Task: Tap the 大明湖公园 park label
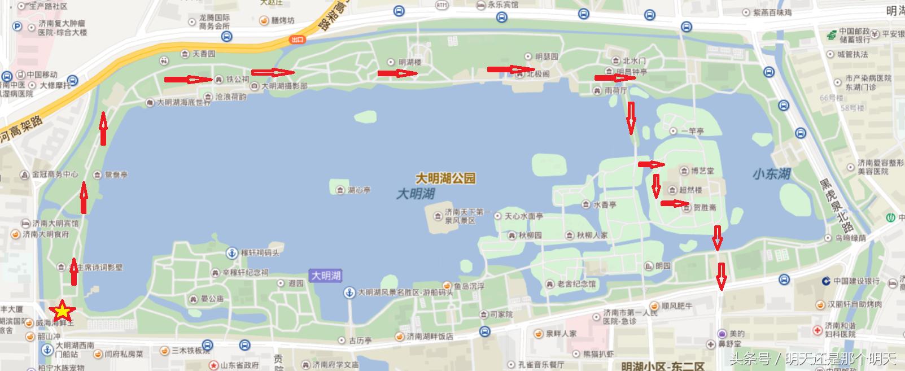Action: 445,178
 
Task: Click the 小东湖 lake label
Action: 771,174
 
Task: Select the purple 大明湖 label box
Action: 326,276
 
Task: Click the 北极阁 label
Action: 537,73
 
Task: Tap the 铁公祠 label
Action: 237,80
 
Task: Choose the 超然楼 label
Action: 690,190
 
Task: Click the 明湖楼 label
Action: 409,62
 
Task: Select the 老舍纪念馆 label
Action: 576,283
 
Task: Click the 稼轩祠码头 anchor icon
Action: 231,253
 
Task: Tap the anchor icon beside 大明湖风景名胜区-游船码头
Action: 350,293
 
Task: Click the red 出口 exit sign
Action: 298,40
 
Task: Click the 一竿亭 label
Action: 692,131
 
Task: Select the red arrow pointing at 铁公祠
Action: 189,80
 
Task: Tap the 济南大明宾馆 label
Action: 55,223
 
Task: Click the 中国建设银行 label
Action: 856,281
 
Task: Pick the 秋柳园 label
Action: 530,235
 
